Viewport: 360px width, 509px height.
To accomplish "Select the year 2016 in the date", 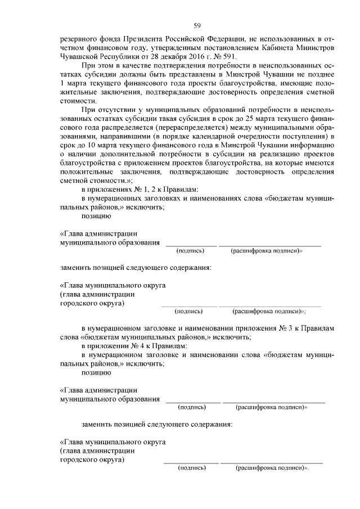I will coord(191,57).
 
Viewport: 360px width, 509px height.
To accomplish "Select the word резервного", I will coord(78,38).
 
